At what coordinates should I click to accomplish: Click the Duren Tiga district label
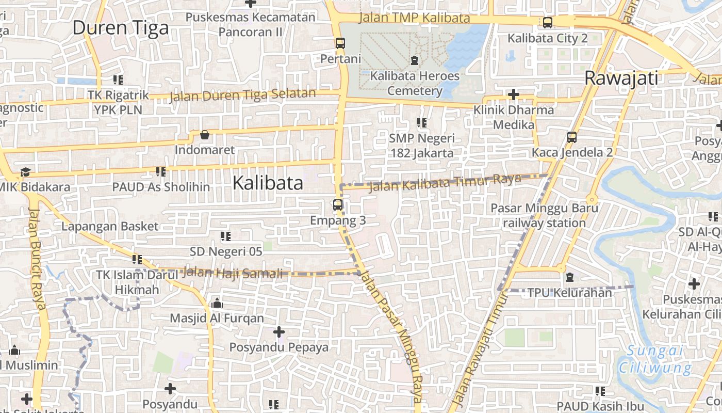point(120,27)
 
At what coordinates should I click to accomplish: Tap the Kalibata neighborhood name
point(268,183)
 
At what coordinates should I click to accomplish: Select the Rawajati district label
point(621,78)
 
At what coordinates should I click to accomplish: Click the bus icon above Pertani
point(340,43)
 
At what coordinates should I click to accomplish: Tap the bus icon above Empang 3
point(338,205)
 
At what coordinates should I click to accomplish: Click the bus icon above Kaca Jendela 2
point(571,137)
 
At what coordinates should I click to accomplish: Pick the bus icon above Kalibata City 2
point(547,23)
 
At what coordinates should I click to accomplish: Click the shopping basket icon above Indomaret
point(205,135)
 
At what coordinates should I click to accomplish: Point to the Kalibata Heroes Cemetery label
point(415,83)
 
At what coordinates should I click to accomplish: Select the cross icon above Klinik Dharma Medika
point(513,94)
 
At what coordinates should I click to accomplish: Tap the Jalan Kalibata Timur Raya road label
point(446,182)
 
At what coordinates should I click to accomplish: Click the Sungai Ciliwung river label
point(655,359)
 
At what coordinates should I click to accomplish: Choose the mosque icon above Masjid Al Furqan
point(217,303)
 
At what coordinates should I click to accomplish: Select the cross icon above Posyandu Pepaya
point(279,331)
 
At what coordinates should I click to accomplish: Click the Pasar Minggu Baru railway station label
point(544,215)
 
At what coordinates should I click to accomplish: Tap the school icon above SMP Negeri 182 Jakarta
point(422,123)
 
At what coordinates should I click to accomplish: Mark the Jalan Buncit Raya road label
point(37,258)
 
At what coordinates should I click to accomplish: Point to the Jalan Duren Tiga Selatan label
point(242,95)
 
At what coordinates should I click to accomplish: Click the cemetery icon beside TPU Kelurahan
point(569,278)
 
